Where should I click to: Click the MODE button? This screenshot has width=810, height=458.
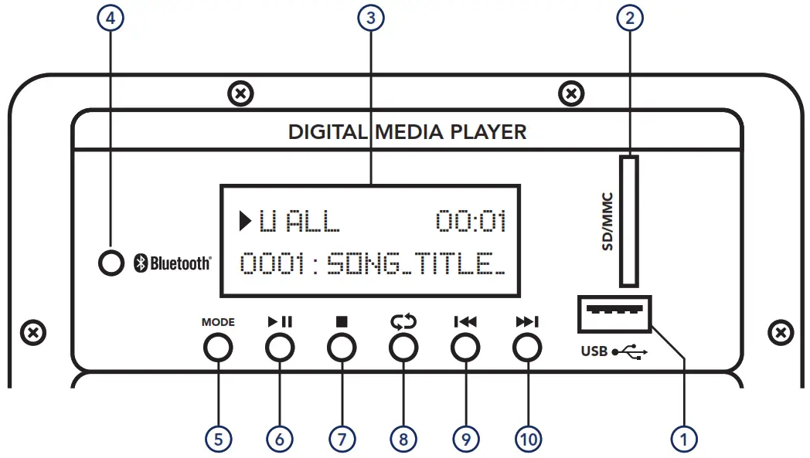click(x=218, y=349)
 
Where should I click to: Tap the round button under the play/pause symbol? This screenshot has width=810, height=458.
click(x=280, y=349)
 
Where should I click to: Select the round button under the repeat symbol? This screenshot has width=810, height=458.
click(x=402, y=349)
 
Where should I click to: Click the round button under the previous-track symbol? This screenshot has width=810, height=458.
click(x=464, y=349)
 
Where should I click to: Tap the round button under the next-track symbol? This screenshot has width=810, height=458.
click(x=526, y=349)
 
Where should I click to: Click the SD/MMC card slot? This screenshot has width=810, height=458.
click(x=630, y=221)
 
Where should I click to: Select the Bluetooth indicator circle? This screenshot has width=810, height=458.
click(x=111, y=263)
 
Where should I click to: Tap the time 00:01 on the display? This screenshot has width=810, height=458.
click(x=471, y=222)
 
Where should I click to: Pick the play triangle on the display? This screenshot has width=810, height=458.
click(x=246, y=222)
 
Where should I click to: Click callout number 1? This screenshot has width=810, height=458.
click(x=683, y=439)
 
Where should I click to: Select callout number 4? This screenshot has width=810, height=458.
click(x=111, y=19)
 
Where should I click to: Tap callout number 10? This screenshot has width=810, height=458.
click(x=528, y=439)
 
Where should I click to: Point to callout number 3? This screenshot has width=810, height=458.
click(x=371, y=19)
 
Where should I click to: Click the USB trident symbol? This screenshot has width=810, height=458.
click(x=630, y=352)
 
